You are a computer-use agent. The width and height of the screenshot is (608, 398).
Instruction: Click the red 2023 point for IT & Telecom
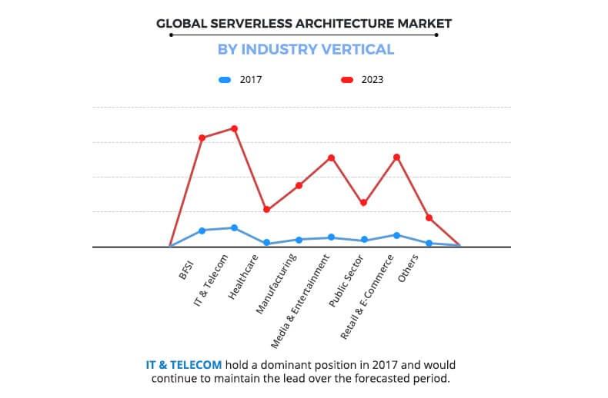pyautogui.click(x=234, y=128)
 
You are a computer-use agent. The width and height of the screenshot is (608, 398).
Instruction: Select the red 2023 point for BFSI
pyautogui.click(x=202, y=138)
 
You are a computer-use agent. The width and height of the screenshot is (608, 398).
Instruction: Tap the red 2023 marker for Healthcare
pyautogui.click(x=266, y=210)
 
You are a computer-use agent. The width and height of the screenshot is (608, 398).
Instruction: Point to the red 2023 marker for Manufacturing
pyautogui.click(x=299, y=185)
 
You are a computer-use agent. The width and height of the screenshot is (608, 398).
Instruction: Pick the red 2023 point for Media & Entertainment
pyautogui.click(x=331, y=158)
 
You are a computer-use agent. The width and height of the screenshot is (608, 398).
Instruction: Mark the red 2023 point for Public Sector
pyautogui.click(x=364, y=203)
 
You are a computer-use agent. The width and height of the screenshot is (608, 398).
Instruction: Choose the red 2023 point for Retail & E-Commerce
pyautogui.click(x=396, y=157)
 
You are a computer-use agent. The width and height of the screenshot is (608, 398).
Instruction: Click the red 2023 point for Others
pyautogui.click(x=429, y=217)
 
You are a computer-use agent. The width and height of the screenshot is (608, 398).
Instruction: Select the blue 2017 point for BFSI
pyautogui.click(x=202, y=231)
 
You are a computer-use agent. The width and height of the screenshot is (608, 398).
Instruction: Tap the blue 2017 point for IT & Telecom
pyautogui.click(x=234, y=227)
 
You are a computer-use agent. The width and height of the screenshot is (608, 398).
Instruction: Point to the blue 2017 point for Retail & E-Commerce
pyautogui.click(x=396, y=235)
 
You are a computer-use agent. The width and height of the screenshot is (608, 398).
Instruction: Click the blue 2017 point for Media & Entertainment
pyautogui.click(x=331, y=237)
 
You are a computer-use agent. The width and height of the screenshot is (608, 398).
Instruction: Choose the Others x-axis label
pyautogui.click(x=409, y=270)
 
